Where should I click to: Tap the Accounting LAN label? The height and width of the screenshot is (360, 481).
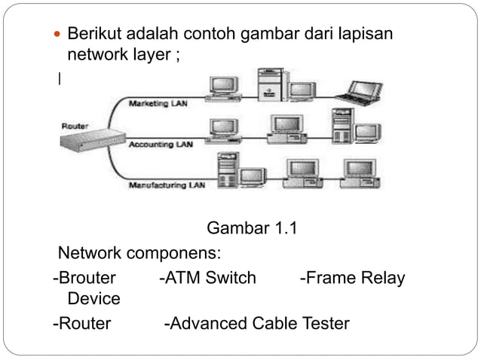click(x=161, y=143)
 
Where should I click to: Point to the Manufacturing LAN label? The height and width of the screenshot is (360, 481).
click(x=167, y=184)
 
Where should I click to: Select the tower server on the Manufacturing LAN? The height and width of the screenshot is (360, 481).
click(x=225, y=169)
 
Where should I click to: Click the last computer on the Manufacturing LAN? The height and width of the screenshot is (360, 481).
click(x=353, y=172)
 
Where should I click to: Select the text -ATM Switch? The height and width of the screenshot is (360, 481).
click(x=208, y=278)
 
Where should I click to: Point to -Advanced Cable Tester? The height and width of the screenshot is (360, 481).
click(x=256, y=324)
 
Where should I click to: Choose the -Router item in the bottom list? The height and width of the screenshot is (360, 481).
click(x=81, y=324)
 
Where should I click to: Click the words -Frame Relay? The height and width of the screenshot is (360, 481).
click(x=352, y=278)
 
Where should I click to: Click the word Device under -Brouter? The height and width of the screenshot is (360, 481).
click(x=93, y=299)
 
